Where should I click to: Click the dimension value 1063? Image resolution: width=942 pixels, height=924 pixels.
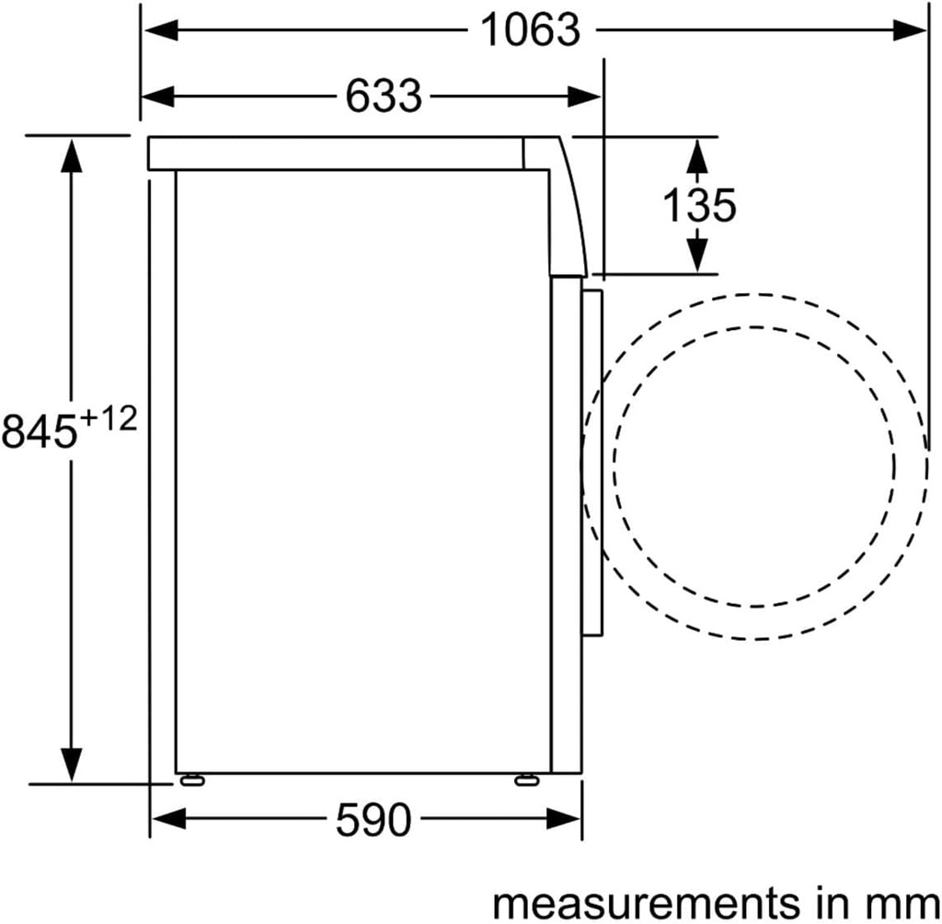(x=532, y=30)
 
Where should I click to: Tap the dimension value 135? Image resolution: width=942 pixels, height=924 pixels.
(x=699, y=205)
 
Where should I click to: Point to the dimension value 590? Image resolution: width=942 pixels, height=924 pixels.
(x=373, y=819)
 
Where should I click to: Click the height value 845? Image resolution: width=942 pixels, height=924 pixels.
(x=39, y=431)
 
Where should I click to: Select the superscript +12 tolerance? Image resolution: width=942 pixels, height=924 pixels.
(x=108, y=419)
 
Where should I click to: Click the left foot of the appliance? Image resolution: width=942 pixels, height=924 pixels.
(x=191, y=780)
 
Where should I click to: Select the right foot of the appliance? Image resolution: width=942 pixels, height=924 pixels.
(x=527, y=780)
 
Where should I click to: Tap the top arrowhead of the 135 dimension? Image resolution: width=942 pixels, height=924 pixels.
(x=698, y=154)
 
